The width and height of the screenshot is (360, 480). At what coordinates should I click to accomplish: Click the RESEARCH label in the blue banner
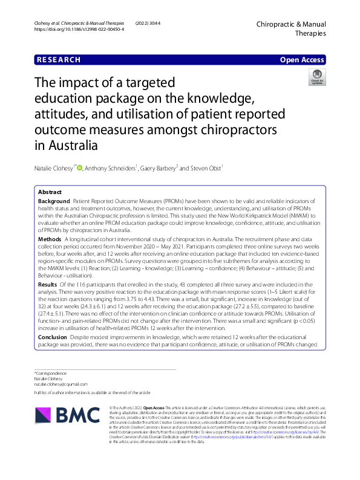click(x=58, y=60)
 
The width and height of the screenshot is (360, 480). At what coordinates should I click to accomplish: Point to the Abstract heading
click(x=50, y=192)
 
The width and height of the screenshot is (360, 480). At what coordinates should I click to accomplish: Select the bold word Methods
click(x=49, y=239)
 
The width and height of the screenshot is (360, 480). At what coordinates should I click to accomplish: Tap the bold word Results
click(x=47, y=284)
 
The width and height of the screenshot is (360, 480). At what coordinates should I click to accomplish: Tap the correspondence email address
click(x=61, y=384)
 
